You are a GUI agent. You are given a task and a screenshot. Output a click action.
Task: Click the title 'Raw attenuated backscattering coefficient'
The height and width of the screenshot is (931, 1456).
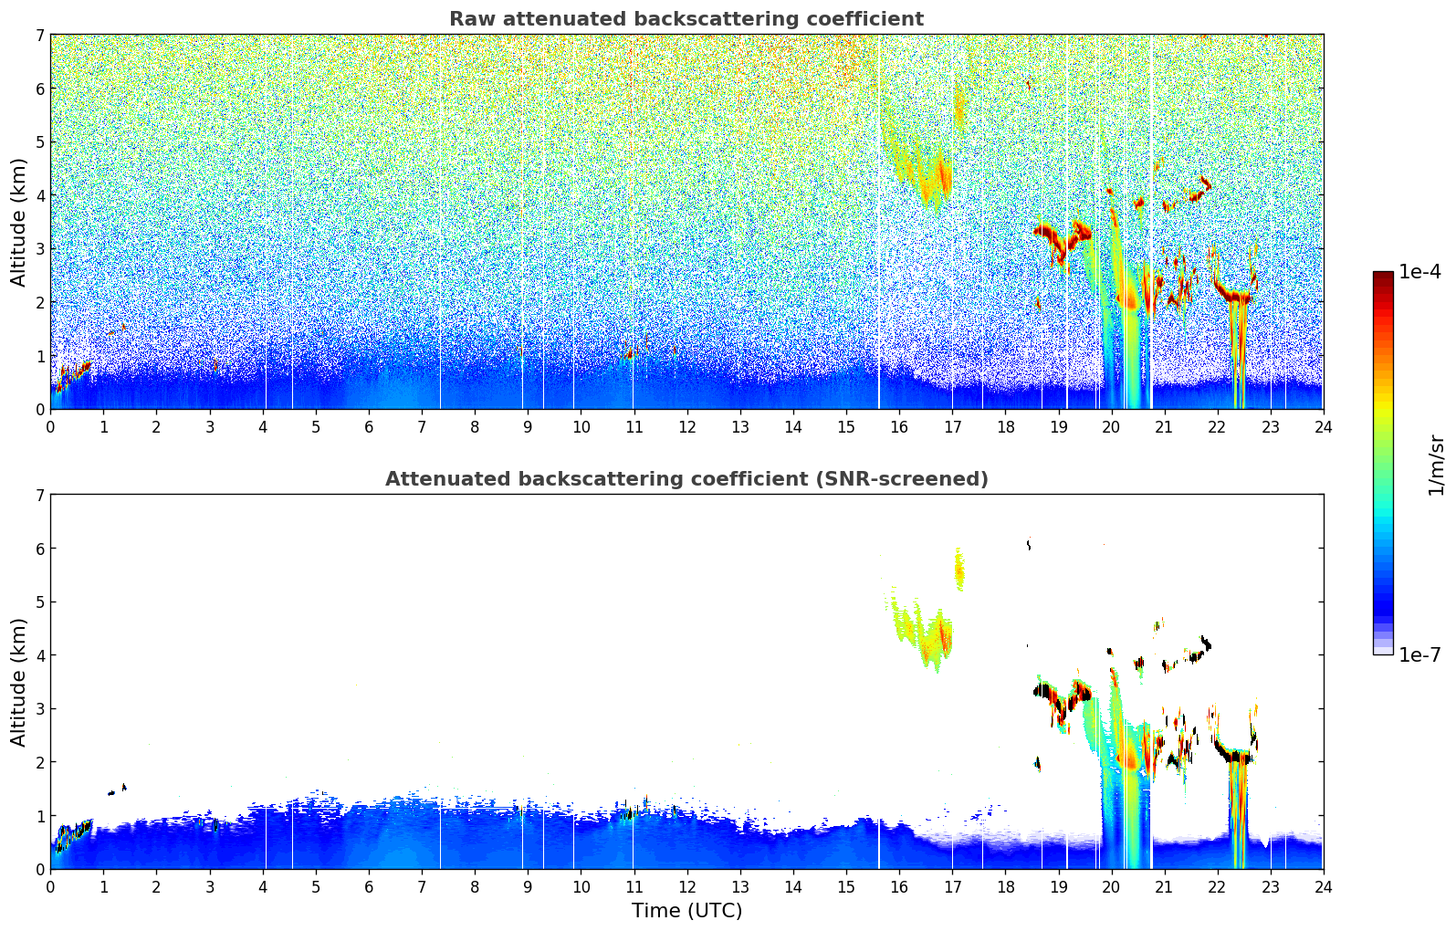pyautogui.click(x=686, y=19)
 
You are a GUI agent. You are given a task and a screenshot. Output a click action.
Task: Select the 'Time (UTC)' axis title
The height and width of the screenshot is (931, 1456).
pyautogui.click(x=686, y=910)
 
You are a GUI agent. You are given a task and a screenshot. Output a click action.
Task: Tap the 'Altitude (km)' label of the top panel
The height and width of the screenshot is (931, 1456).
pyautogui.click(x=19, y=222)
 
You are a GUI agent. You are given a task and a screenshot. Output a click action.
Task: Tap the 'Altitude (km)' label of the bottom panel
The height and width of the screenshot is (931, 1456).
pyautogui.click(x=19, y=682)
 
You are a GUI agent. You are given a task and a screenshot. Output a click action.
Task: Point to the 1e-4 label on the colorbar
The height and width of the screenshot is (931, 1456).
pyautogui.click(x=1419, y=272)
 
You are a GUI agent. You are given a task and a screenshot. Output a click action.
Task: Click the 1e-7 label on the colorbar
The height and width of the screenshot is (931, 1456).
pyautogui.click(x=1419, y=654)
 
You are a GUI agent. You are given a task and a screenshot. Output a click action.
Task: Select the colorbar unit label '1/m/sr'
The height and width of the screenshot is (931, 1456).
pyautogui.click(x=1436, y=465)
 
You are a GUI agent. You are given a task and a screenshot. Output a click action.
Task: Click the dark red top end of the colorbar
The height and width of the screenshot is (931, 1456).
pyautogui.click(x=1382, y=276)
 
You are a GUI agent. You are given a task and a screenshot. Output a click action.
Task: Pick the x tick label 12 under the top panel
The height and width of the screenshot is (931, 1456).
pyautogui.click(x=686, y=426)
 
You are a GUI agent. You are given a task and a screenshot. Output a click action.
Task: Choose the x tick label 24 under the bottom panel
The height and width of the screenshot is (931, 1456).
pyautogui.click(x=1323, y=886)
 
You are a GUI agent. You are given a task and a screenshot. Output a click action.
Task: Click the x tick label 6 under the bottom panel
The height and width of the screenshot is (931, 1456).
pyautogui.click(x=369, y=886)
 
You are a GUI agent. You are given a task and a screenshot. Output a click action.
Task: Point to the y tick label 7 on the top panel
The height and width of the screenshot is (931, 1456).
pyautogui.click(x=40, y=36)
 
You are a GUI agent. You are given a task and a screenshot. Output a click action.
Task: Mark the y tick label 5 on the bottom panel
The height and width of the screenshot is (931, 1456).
pyautogui.click(x=40, y=602)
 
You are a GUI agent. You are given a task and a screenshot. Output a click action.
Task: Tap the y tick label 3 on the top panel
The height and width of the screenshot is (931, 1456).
pyautogui.click(x=40, y=249)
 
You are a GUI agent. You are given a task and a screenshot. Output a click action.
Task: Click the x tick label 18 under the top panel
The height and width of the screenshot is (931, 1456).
pyautogui.click(x=1005, y=426)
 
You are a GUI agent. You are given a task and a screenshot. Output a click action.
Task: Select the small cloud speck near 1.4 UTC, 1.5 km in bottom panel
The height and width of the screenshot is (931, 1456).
pyautogui.click(x=123, y=786)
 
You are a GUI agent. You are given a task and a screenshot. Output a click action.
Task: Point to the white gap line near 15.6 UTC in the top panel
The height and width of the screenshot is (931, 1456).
pyautogui.click(x=879, y=219)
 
